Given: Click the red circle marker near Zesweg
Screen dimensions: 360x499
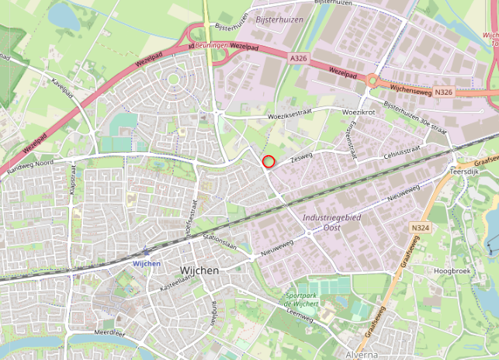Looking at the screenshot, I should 269,161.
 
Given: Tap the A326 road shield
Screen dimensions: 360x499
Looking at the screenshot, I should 299,58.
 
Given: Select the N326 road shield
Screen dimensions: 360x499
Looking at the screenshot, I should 444,92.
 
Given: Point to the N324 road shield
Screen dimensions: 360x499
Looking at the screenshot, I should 420,227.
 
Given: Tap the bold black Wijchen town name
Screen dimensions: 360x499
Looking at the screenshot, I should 199,270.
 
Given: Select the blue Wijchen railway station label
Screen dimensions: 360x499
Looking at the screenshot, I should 147,264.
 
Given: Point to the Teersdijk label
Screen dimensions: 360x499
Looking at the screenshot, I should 466,171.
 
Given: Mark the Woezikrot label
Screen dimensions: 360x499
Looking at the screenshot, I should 359,112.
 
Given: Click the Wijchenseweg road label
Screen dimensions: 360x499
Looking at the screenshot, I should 406,90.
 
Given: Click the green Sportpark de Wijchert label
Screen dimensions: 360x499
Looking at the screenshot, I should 302,299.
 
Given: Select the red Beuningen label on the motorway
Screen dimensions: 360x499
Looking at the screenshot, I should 212,47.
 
